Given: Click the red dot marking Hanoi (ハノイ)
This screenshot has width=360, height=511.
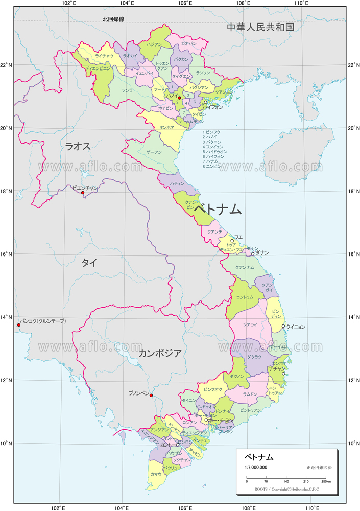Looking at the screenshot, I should pos(179,98).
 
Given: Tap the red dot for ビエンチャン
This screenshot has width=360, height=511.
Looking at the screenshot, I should pos(83,193).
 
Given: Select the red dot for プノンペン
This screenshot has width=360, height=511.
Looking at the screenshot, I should pos(151,396).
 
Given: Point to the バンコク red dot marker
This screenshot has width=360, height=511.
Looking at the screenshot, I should pos(19,325).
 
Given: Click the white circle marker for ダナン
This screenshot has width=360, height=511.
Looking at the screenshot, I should pos(253,254).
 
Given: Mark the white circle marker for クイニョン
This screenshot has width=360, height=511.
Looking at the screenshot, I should pos(283,326).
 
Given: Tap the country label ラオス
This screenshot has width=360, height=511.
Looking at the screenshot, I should pos(78,146).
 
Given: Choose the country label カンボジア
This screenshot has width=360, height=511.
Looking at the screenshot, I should pos(160,353).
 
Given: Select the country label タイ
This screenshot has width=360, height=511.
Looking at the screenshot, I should pos(89,263).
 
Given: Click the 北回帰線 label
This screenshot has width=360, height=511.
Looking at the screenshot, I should pos(113,19).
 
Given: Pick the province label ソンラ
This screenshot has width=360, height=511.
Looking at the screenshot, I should pos(128,90).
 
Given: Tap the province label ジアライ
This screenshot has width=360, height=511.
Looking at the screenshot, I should pos(250,325).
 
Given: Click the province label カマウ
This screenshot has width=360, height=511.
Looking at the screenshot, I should pos(156,474).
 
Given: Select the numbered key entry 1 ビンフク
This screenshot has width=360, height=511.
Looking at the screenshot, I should pos(212,132).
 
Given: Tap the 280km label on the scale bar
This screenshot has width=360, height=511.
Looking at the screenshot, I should pos(326,482).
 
